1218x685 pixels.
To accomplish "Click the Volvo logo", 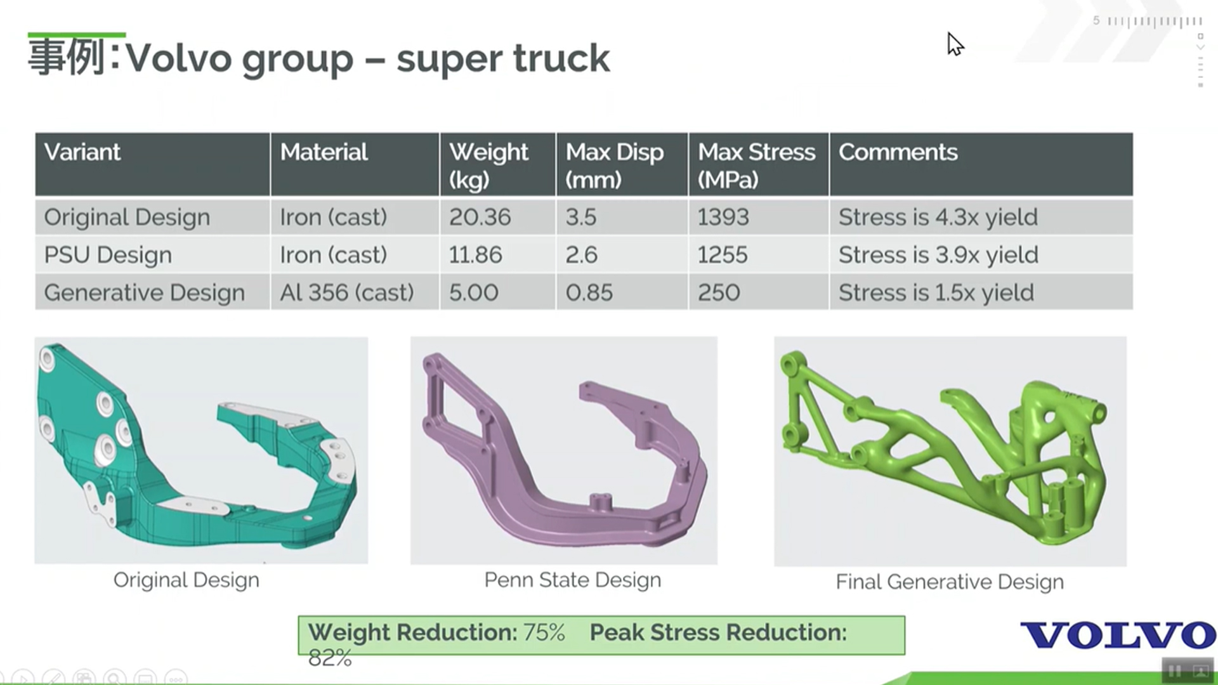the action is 1118,635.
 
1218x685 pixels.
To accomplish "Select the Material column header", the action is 324,152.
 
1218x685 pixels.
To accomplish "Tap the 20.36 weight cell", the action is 480,218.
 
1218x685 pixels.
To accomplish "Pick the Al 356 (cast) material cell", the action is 346,292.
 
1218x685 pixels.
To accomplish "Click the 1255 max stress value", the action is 723,255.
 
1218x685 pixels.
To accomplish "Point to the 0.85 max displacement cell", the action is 589,292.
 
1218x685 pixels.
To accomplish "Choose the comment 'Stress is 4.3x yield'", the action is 938,218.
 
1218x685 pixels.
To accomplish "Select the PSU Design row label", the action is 108,255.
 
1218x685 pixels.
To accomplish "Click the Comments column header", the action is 898,152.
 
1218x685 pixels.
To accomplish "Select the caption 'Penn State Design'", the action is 572,580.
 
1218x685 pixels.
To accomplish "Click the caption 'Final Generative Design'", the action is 950,582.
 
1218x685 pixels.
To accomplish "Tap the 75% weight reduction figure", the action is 544,632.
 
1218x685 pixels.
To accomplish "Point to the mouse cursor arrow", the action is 955,44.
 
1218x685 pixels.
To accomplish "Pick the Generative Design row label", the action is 144,292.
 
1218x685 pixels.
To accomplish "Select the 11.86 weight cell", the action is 475,255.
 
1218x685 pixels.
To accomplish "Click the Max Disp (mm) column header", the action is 614,166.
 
